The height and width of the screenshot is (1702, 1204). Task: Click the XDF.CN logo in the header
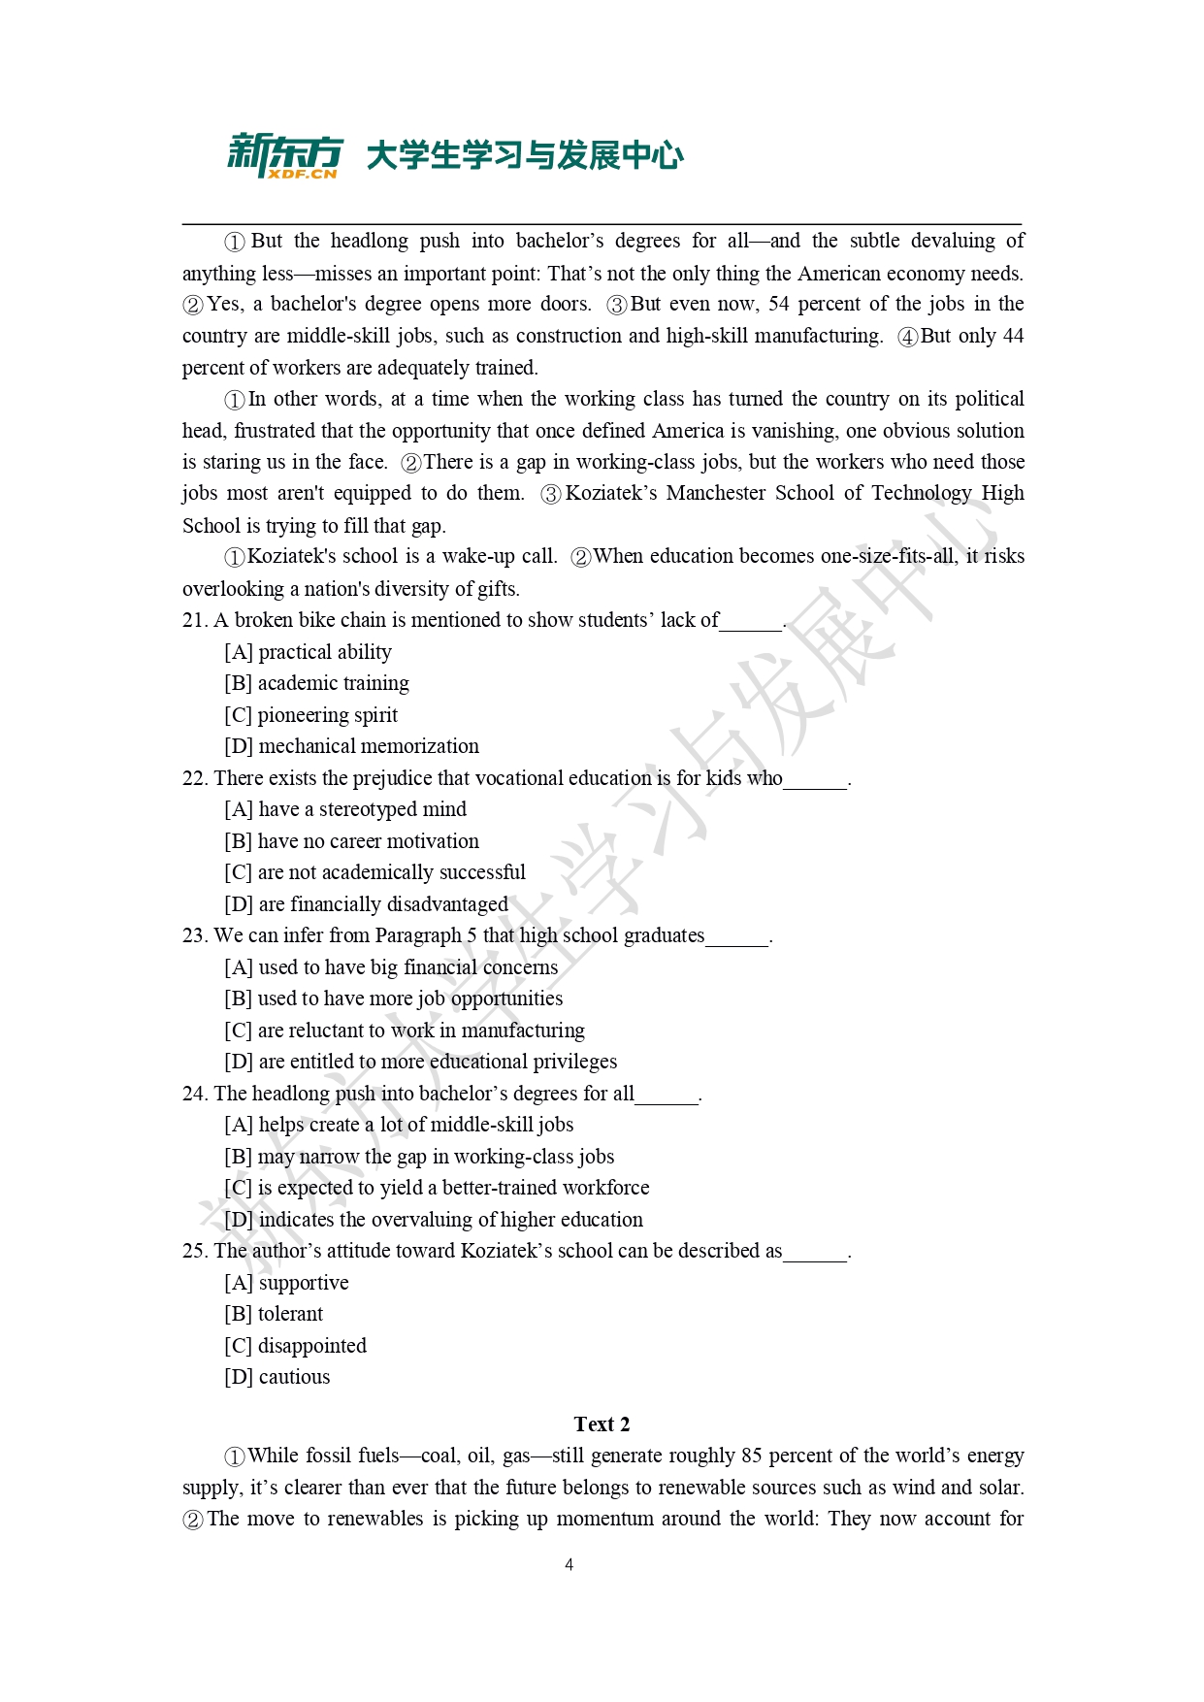(285, 156)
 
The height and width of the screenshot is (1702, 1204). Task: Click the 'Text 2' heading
(602, 1424)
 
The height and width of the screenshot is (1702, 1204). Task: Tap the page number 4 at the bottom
(569, 1564)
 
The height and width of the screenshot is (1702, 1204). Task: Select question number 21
(194, 620)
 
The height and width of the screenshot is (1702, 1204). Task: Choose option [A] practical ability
(309, 652)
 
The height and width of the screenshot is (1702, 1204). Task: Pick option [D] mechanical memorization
(351, 746)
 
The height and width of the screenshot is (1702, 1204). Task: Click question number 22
(194, 778)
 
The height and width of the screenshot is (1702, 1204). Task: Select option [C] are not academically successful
(374, 872)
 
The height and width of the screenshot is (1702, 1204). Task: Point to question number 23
(194, 935)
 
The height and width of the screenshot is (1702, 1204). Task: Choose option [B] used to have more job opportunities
(393, 998)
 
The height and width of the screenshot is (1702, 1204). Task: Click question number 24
(194, 1094)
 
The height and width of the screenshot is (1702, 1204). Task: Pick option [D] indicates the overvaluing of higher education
(433, 1220)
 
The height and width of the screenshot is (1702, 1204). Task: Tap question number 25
(194, 1251)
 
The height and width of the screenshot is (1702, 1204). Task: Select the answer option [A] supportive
(286, 1283)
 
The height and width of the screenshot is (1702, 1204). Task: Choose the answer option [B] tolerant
(274, 1314)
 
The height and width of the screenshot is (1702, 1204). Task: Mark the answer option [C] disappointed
(295, 1346)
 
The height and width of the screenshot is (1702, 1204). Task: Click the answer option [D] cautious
(277, 1377)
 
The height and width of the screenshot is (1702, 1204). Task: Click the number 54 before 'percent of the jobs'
(779, 304)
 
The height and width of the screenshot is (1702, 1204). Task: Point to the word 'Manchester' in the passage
(715, 493)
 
